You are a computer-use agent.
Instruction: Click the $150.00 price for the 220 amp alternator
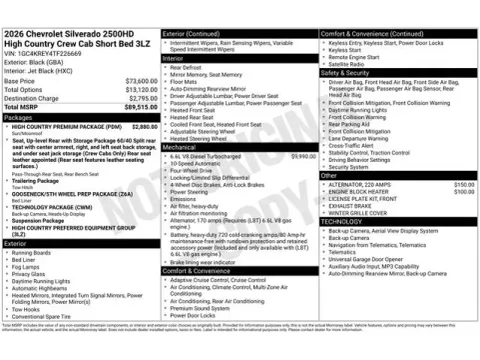tap(463, 185)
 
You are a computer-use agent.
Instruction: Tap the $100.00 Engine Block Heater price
tap(463, 192)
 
